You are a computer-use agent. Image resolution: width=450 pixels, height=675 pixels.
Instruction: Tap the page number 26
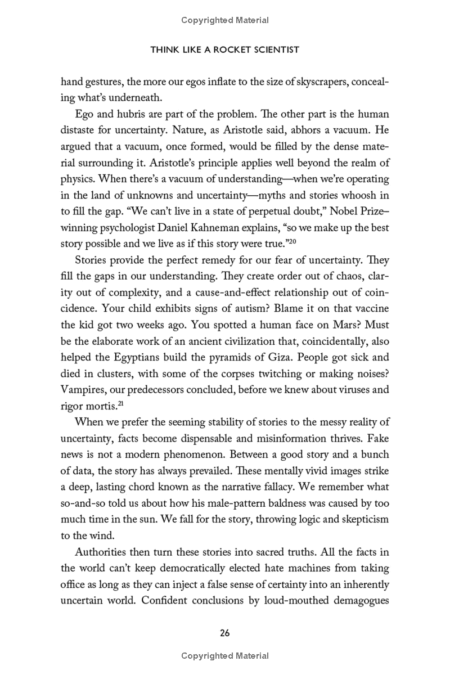point(224,633)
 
